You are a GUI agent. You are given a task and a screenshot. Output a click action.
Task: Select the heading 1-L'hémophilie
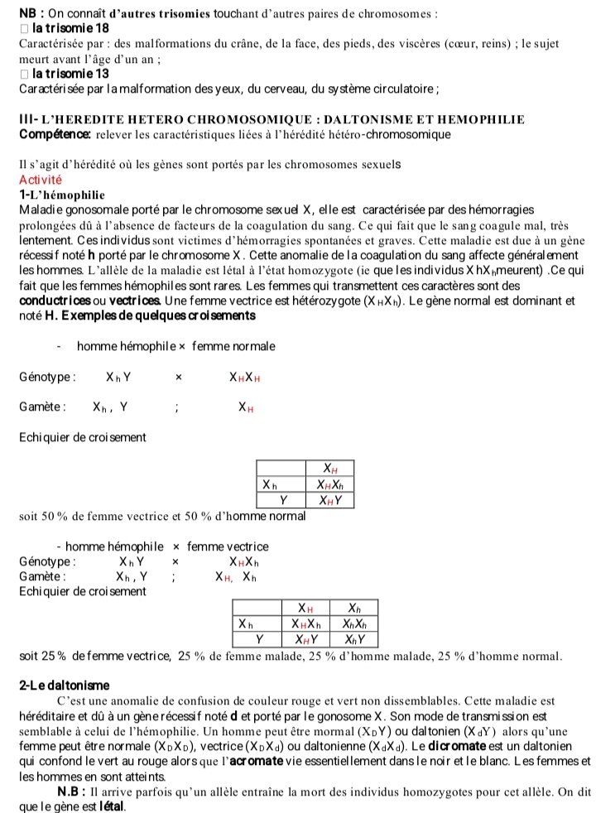click(x=61, y=195)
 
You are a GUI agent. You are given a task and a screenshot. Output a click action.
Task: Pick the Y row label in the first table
click(x=282, y=499)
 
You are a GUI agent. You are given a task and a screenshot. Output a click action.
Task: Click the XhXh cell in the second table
click(x=354, y=623)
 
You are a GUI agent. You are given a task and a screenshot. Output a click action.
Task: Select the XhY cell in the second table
click(x=354, y=638)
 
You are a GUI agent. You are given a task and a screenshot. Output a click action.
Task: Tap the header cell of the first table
click(x=329, y=469)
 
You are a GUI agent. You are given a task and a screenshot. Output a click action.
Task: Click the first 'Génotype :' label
click(x=47, y=378)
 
